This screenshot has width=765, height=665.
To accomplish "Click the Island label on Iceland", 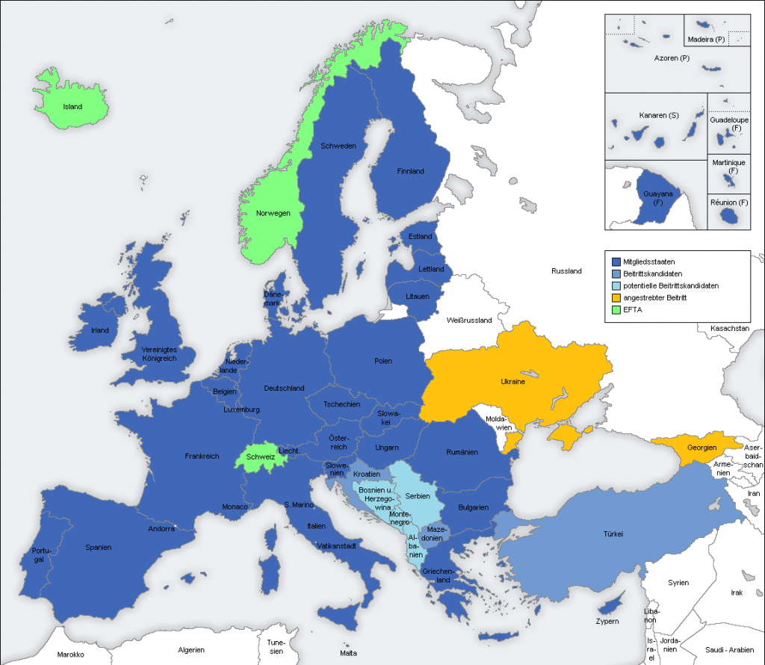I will coord(72,107).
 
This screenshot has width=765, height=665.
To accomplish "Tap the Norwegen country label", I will coord(273,213).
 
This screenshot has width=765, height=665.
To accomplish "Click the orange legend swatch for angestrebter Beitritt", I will coord(616,297).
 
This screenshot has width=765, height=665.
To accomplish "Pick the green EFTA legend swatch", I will coord(616,309).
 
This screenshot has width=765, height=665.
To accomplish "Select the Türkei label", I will coord(613,533).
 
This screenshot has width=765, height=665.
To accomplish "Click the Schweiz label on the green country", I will coord(260,456).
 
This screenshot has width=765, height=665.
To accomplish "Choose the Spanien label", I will coord(98,548).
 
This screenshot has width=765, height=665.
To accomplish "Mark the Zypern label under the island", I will coord(607,621).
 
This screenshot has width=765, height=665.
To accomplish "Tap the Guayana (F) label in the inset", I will coord(657,198).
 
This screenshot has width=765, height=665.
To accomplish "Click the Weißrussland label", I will coord(468,321).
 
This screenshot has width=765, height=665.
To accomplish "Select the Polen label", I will coord(382,362).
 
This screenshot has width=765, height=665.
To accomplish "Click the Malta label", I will coord(348,652).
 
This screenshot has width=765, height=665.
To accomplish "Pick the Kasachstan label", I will coord(731,328).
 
